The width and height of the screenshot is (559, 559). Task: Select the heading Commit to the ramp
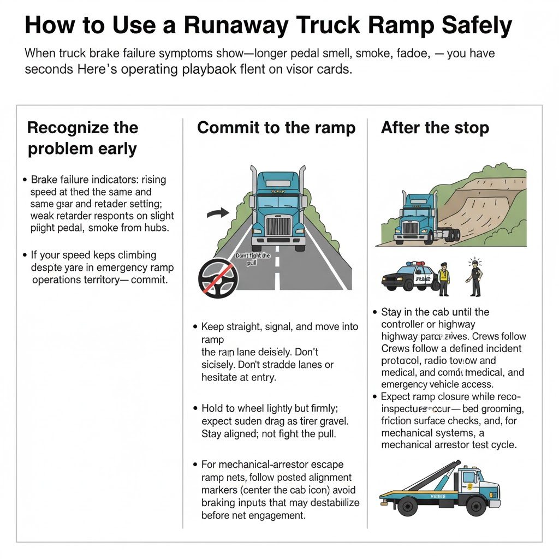pyautogui.click(x=276, y=128)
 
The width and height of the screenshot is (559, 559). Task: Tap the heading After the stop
pyautogui.click(x=435, y=128)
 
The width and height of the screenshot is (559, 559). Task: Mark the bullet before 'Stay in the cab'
pyautogui.click(x=376, y=312)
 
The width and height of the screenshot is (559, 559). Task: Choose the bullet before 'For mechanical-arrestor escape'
pyautogui.click(x=195, y=465)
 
